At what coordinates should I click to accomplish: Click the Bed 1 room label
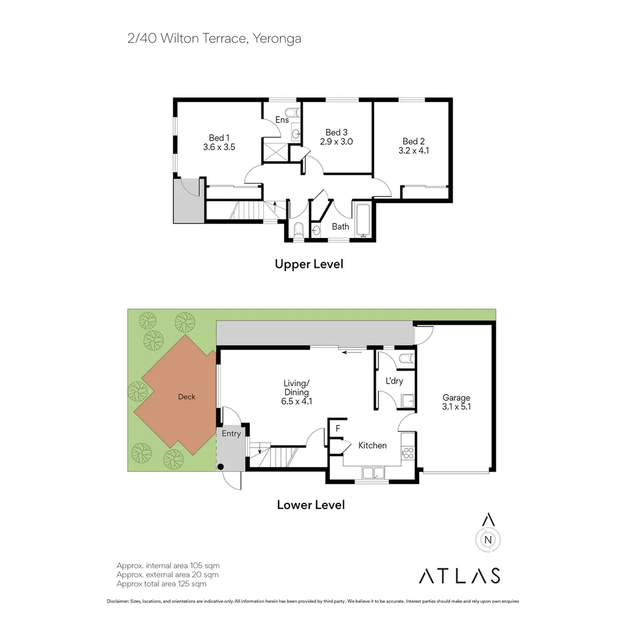219,138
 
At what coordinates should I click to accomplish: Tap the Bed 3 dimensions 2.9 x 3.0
336,142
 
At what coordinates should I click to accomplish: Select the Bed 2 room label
414,141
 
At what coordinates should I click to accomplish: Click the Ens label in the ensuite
282,120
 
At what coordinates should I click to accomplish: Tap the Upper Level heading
309,264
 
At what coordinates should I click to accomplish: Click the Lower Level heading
311,505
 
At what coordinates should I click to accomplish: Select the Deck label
187,397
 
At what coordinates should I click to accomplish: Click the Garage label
456,397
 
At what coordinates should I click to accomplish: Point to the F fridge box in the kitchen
337,428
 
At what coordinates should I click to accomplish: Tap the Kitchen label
373,445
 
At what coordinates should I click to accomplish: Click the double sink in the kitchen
374,473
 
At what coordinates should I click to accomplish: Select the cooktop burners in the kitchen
408,453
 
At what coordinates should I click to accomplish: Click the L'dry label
394,381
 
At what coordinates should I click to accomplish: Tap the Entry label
231,434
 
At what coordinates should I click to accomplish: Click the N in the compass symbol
488,540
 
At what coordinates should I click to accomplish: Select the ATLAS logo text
459,575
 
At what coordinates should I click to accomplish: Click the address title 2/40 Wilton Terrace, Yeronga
214,39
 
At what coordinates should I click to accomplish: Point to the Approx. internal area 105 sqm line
168,566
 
